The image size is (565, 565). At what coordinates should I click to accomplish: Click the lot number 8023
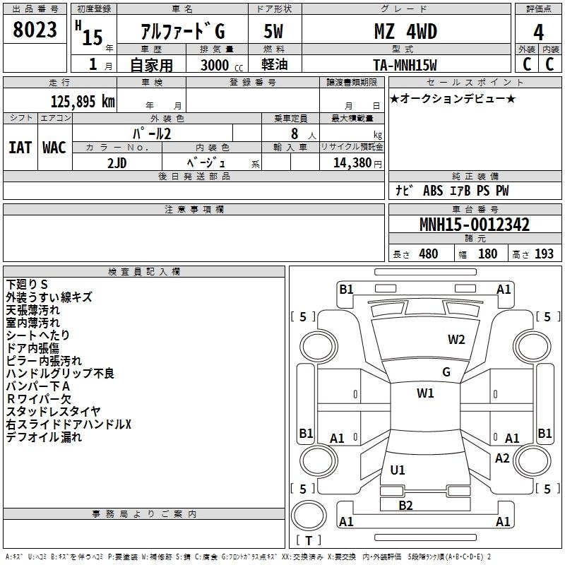(35, 30)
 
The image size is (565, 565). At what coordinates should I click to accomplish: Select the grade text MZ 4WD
(405, 31)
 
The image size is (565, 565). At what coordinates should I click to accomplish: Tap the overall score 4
(538, 32)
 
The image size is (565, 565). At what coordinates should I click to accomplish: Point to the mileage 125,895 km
(83, 102)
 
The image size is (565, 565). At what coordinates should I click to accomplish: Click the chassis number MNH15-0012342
(475, 225)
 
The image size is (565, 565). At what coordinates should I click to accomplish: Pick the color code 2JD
(117, 163)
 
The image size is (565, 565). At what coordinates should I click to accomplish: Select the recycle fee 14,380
(352, 163)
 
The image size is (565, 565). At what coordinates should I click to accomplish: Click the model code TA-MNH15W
(405, 65)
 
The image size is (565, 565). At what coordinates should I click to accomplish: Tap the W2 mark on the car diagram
(456, 340)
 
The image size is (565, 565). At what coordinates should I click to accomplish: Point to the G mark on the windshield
(446, 372)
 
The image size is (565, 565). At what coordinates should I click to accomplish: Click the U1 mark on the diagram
(398, 470)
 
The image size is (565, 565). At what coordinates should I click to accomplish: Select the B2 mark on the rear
(405, 506)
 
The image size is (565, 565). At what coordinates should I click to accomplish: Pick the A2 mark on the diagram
(502, 458)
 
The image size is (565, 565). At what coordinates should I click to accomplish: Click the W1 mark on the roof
(425, 393)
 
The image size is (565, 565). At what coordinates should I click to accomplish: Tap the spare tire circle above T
(309, 516)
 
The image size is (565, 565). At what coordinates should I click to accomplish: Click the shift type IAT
(20, 148)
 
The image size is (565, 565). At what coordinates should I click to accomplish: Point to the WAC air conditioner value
(54, 148)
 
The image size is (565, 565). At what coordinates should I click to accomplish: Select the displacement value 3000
(215, 65)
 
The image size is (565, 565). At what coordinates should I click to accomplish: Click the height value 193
(544, 254)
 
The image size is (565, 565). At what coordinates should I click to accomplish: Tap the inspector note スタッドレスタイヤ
(54, 411)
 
